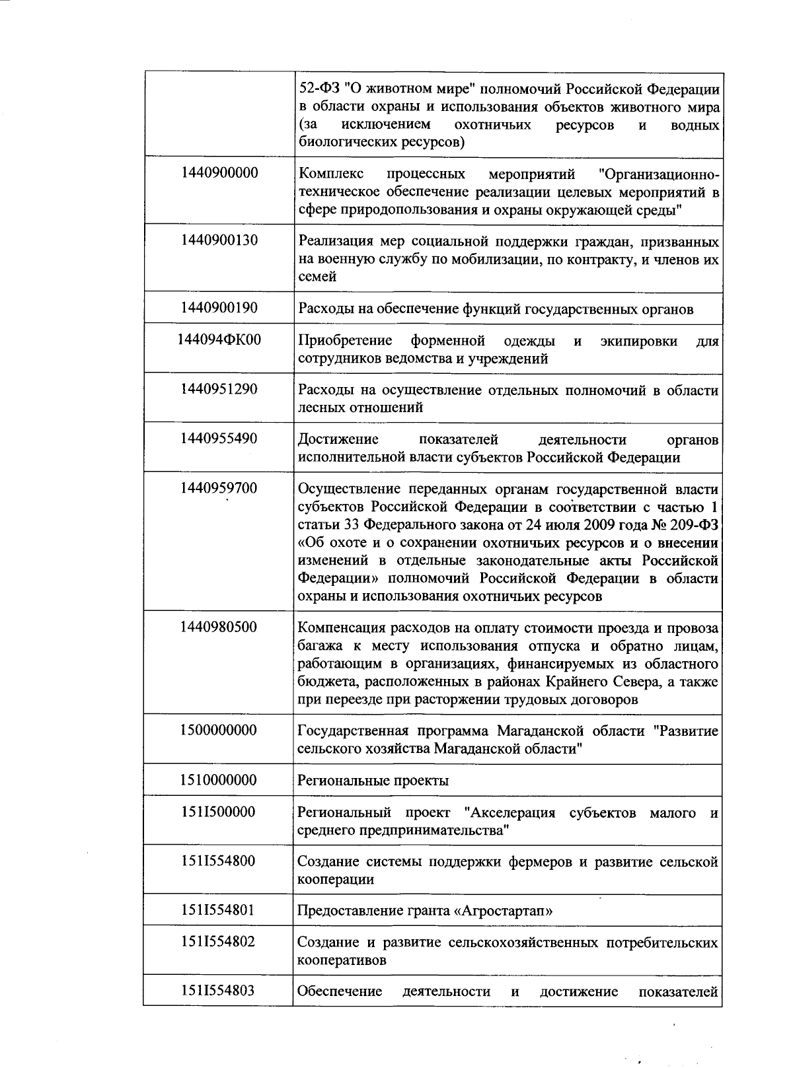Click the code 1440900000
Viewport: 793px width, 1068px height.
tap(219, 173)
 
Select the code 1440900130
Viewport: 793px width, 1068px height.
tap(219, 240)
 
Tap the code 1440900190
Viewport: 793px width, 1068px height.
tap(219, 308)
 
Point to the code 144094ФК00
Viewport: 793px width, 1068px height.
tap(219, 340)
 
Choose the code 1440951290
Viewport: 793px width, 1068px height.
tap(219, 389)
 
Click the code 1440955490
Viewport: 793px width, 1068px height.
tap(219, 439)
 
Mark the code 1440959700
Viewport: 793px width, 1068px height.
tap(219, 488)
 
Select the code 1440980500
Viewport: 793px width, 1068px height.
tap(219, 627)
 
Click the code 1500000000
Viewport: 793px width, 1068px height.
tap(219, 730)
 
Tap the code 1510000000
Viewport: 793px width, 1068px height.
tap(219, 780)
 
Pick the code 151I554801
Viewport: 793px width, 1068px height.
tap(219, 910)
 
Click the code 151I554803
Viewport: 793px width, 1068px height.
tap(219, 990)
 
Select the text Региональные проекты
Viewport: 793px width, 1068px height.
tap(373, 781)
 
